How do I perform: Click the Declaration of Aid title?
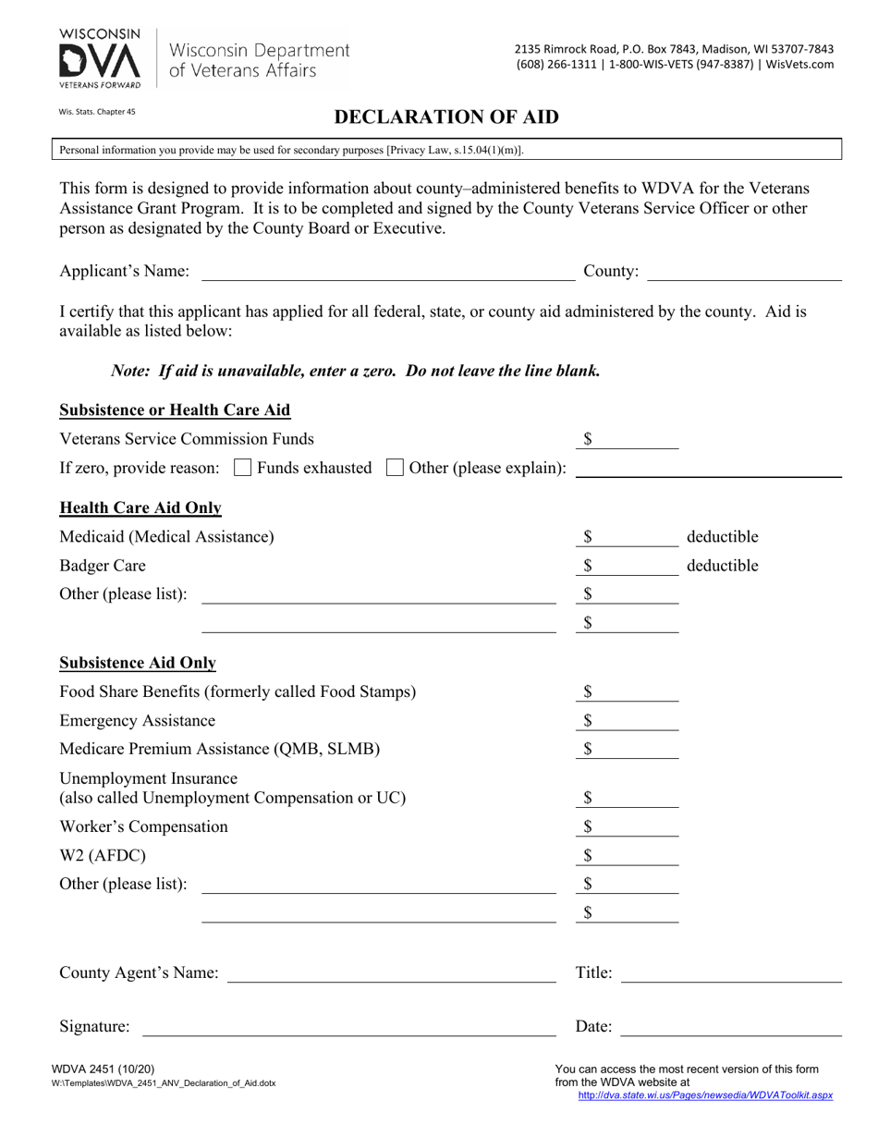[x=445, y=117]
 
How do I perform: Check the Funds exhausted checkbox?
[x=243, y=468]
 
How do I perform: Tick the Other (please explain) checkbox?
[x=395, y=468]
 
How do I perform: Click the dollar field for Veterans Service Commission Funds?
[x=633, y=440]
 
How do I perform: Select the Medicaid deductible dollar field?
[x=633, y=537]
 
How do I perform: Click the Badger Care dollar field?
[x=633, y=566]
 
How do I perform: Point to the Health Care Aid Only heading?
[x=140, y=507]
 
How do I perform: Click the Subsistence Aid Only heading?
[x=138, y=663]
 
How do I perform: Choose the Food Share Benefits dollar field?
[x=633, y=692]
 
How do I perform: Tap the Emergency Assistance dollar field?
[x=633, y=721]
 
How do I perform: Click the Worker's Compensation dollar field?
[x=633, y=827]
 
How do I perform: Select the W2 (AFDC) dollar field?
[x=633, y=856]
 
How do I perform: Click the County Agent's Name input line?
[x=391, y=973]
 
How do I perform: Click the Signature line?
[x=348, y=1026]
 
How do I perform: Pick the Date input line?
[x=732, y=1026]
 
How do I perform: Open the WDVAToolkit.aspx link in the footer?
[x=704, y=1095]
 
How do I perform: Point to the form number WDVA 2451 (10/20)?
[x=97, y=1070]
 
